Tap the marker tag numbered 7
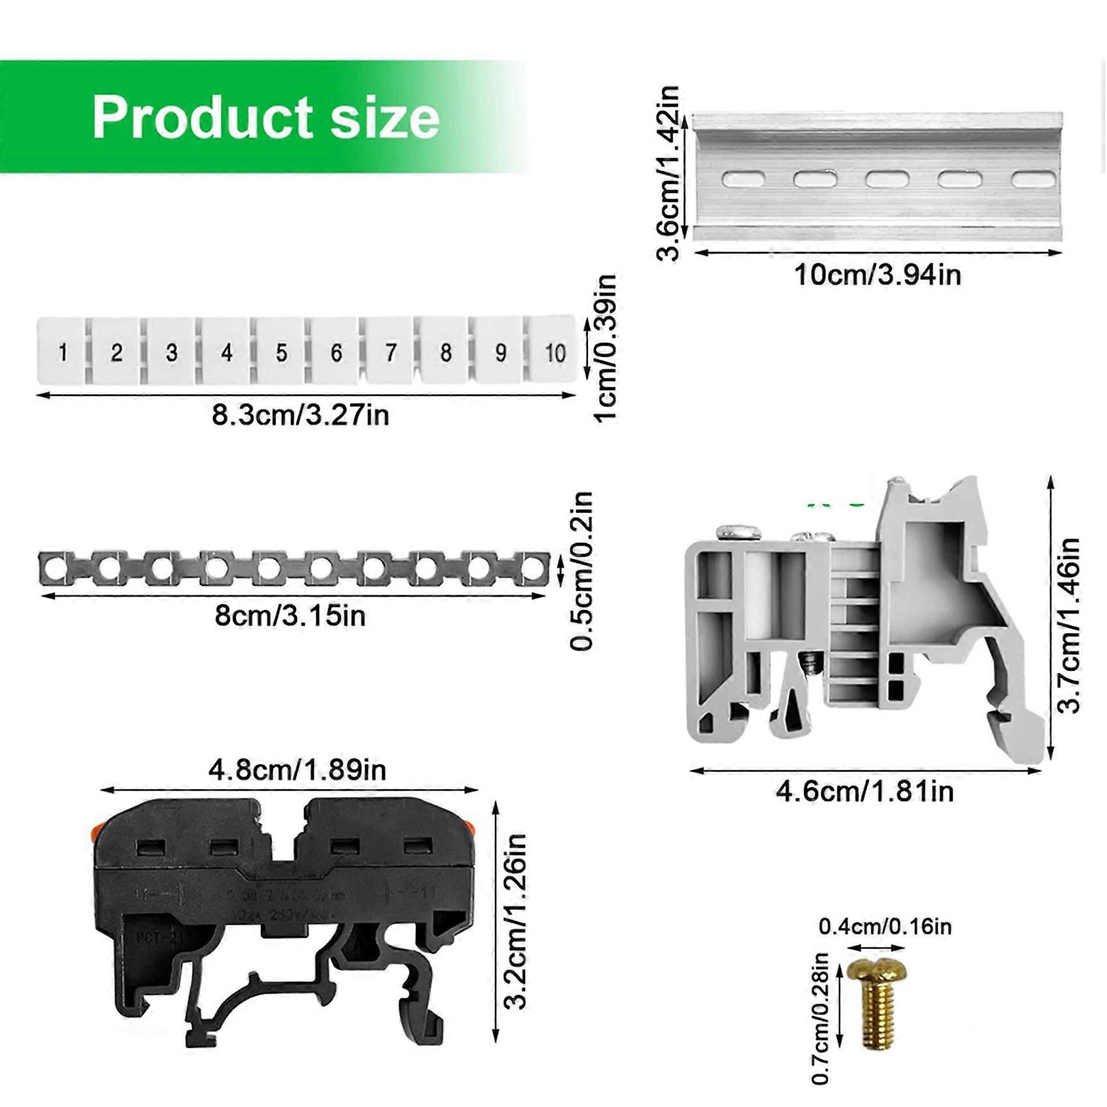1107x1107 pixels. pyautogui.click(x=390, y=352)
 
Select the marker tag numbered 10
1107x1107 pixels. pyautogui.click(x=555, y=352)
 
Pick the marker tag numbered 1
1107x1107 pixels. pyautogui.click(x=63, y=352)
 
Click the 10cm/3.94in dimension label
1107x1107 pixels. pyautogui.click(x=877, y=275)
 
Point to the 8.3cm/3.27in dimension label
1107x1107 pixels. pyautogui.click(x=300, y=415)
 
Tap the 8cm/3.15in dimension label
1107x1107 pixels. pyautogui.click(x=290, y=615)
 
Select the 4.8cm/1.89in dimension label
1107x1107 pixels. pyautogui.click(x=297, y=770)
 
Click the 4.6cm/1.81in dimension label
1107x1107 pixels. pyautogui.click(x=865, y=792)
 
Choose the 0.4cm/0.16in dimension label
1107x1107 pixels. pyautogui.click(x=885, y=927)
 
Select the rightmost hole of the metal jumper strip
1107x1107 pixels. pyautogui.click(x=533, y=567)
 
